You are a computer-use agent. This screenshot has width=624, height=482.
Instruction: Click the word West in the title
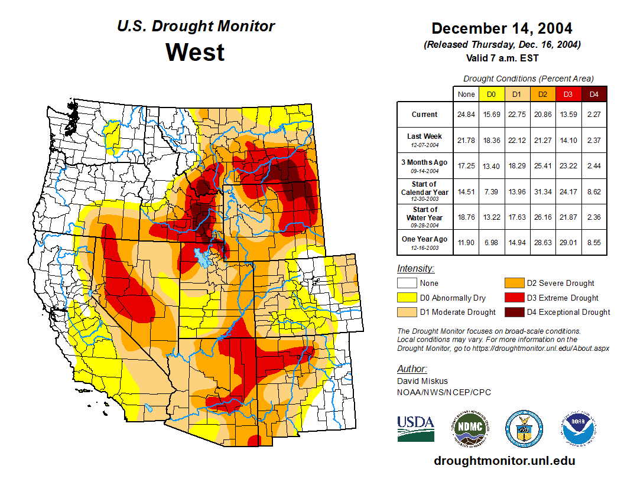pos(195,52)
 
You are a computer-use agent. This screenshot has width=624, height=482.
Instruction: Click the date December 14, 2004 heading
pos(502,28)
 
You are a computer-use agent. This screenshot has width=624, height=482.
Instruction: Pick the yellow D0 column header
pos(491,94)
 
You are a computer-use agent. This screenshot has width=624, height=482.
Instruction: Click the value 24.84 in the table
pos(466,115)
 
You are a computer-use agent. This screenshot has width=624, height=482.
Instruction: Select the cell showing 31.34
pos(543,192)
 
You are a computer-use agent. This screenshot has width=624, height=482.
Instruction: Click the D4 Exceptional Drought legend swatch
pos(514,312)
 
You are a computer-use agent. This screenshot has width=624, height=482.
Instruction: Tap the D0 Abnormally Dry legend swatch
pos(407,298)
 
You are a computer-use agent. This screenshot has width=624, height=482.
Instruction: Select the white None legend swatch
pos(407,284)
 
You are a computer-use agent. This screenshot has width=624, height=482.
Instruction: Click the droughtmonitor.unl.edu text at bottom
pos(504,461)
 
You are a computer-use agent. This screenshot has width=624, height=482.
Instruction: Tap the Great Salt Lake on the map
pos(204,259)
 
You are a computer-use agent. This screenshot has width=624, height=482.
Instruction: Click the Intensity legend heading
pos(415,268)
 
